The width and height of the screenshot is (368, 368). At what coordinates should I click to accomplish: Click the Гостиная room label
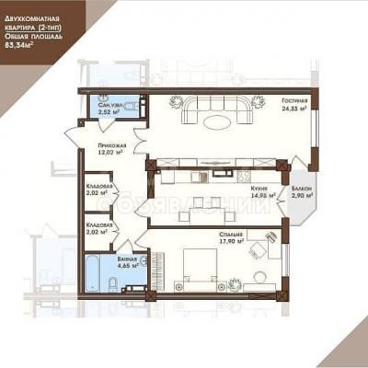coord(293,101)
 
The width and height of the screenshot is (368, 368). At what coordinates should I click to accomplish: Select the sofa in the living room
coord(218,110)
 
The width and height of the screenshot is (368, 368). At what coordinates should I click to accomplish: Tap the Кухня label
coord(257,187)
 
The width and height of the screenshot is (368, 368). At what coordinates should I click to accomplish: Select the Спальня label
coord(231,234)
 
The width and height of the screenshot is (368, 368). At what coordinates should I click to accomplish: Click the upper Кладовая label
coord(99,187)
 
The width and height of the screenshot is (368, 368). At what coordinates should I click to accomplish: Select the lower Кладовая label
coord(99,224)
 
